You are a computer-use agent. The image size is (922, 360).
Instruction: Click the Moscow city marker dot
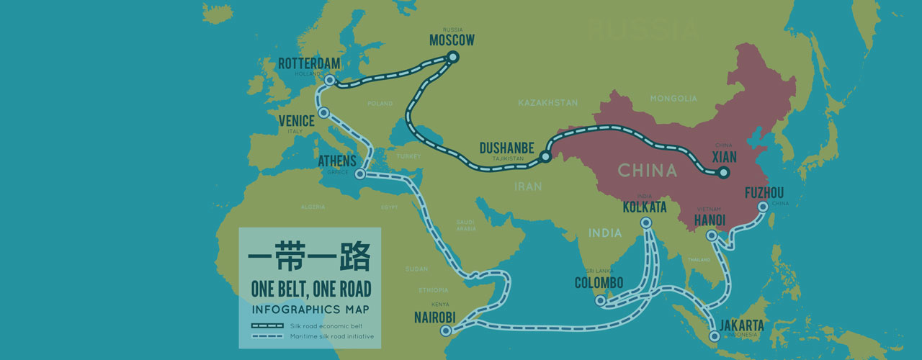point(453,56)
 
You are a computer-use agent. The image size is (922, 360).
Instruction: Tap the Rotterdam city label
point(309,64)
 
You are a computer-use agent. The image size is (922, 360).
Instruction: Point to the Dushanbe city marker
point(545,156)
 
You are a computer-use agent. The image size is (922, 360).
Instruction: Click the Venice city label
point(297,121)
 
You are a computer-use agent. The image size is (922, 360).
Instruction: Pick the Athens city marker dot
point(360,174)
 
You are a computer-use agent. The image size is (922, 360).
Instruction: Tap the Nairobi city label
point(435,317)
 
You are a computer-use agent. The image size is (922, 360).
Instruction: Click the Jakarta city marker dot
point(715,336)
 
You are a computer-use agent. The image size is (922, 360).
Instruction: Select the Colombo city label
point(599,283)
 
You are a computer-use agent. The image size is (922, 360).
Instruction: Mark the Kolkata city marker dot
point(645,223)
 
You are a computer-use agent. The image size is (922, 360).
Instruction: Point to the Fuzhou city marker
point(764,207)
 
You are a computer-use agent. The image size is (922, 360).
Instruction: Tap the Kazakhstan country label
point(547,104)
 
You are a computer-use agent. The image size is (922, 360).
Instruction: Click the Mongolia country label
point(673,99)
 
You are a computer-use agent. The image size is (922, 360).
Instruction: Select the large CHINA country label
point(647,171)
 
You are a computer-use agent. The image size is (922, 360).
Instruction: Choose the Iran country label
point(528,186)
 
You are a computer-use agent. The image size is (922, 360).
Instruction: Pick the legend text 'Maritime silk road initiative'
point(331,336)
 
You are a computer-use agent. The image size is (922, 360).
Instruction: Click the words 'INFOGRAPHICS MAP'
point(310,310)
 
